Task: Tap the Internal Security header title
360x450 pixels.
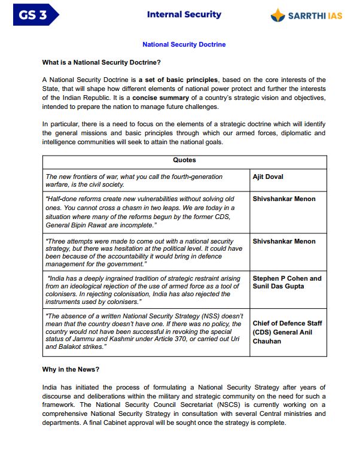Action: [x=184, y=14]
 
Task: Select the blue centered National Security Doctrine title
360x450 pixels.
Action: [x=184, y=44]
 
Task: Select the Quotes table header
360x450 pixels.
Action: [x=184, y=160]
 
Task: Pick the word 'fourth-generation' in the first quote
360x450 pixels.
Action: [x=178, y=177]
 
